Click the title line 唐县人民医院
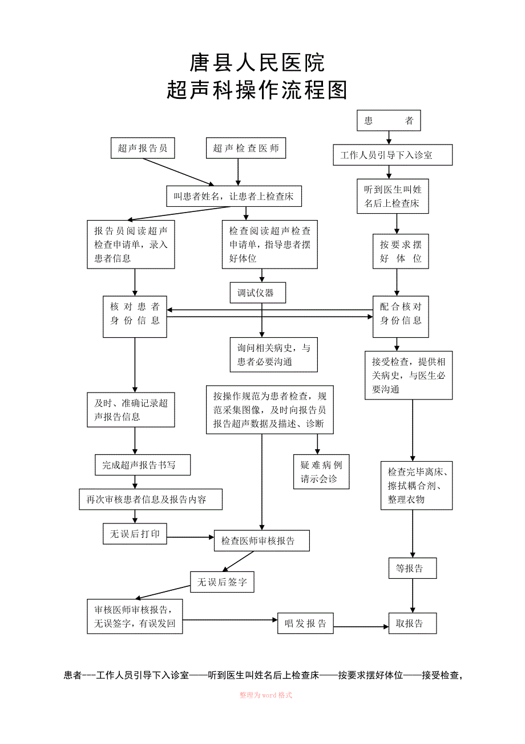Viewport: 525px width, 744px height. pos(257,62)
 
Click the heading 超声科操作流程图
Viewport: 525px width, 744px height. pos(257,90)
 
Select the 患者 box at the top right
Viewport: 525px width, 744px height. pos(389,120)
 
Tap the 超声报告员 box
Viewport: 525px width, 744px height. pos(143,148)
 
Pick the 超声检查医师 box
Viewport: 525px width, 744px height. pos(246,148)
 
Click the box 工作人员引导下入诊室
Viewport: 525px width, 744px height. pos(393,155)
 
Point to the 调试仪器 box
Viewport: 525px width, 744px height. pos(258,293)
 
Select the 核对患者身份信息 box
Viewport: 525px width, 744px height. pos(135,317)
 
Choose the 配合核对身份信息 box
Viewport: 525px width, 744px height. pos(401,317)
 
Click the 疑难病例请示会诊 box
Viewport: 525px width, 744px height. pos(321,471)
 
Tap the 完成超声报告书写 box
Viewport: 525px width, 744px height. pos(143,465)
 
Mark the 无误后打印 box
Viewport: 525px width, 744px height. pos(135,534)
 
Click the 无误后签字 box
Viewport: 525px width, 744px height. pos(222,582)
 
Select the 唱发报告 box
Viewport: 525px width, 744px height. pos(305,623)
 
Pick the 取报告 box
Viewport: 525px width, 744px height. pos(413,623)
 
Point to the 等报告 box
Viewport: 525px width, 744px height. pos(413,569)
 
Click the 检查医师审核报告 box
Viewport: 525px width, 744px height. pos(262,541)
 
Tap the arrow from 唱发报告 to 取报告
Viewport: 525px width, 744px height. pos(361,627)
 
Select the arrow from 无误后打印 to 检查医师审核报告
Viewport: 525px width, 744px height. pos(191,537)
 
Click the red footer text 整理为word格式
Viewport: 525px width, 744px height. pos(266,695)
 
